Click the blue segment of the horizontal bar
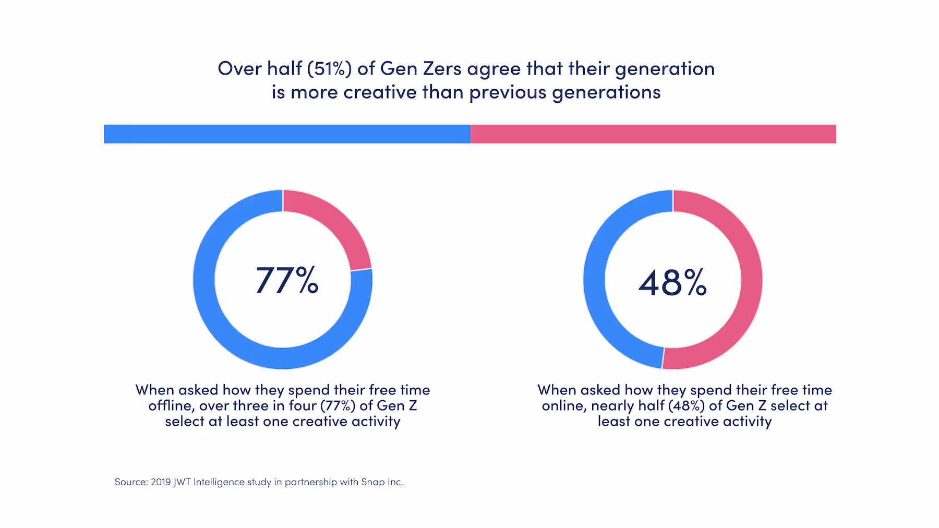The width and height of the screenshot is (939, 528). (287, 134)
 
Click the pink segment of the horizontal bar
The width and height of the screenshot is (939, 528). (652, 134)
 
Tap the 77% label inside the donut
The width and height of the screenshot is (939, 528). (286, 281)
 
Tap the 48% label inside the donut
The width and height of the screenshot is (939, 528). (672, 282)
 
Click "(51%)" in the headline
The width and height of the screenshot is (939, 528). (329, 68)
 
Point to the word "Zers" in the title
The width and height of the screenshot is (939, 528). (442, 68)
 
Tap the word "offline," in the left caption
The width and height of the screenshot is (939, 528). (171, 406)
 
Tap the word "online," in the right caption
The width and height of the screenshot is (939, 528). (563, 406)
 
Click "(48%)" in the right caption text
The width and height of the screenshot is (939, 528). (686, 406)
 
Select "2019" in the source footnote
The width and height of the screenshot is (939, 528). (161, 482)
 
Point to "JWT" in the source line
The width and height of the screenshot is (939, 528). (182, 482)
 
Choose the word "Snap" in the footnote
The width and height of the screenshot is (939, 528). (372, 482)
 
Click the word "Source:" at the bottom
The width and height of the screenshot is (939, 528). (131, 482)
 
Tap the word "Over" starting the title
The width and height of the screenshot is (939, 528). (239, 68)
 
